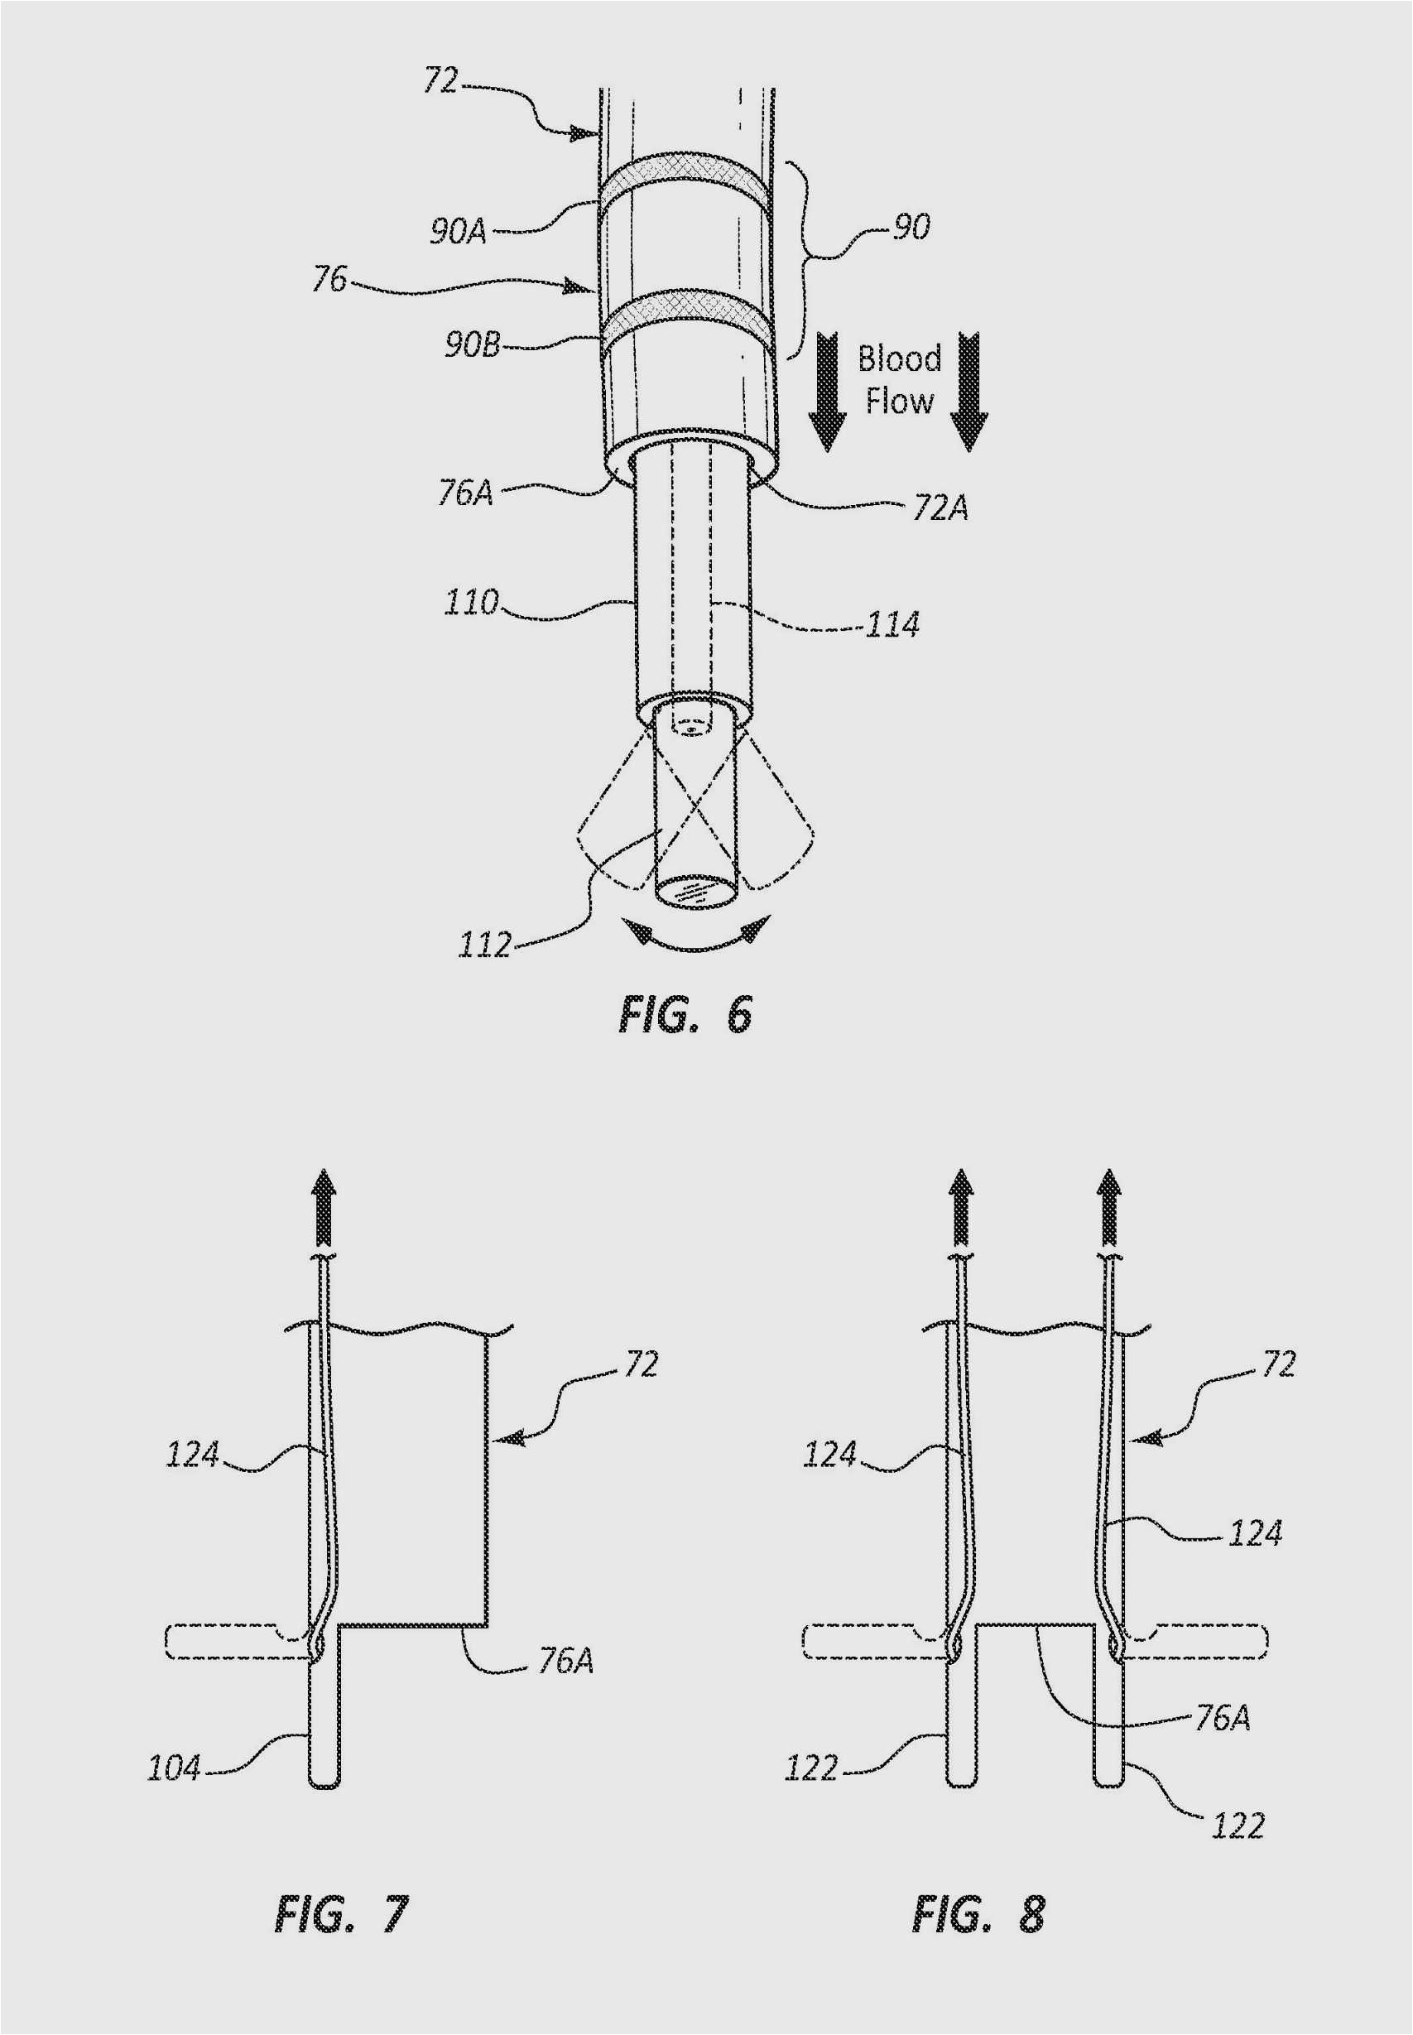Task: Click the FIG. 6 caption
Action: pyautogui.click(x=685, y=1014)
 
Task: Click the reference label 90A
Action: pyautogui.click(x=459, y=231)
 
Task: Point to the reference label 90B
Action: pyautogui.click(x=472, y=344)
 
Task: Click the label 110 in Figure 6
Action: pyautogui.click(x=471, y=603)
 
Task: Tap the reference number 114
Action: pyautogui.click(x=892, y=625)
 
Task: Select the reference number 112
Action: pyautogui.click(x=484, y=945)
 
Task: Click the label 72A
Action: pyautogui.click(x=940, y=508)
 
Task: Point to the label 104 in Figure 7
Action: pyautogui.click(x=174, y=1768)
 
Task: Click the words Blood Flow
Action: pyautogui.click(x=899, y=380)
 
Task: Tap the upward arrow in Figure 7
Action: pyautogui.click(x=324, y=1209)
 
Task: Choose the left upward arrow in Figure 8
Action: pyautogui.click(x=962, y=1209)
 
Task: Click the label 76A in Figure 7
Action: pyautogui.click(x=565, y=1661)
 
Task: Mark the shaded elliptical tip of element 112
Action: pyautogui.click(x=696, y=891)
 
